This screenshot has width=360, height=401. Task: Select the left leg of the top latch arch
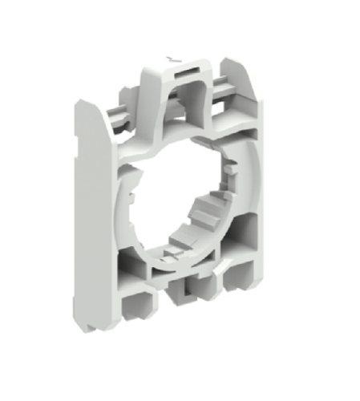coord(152,100)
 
